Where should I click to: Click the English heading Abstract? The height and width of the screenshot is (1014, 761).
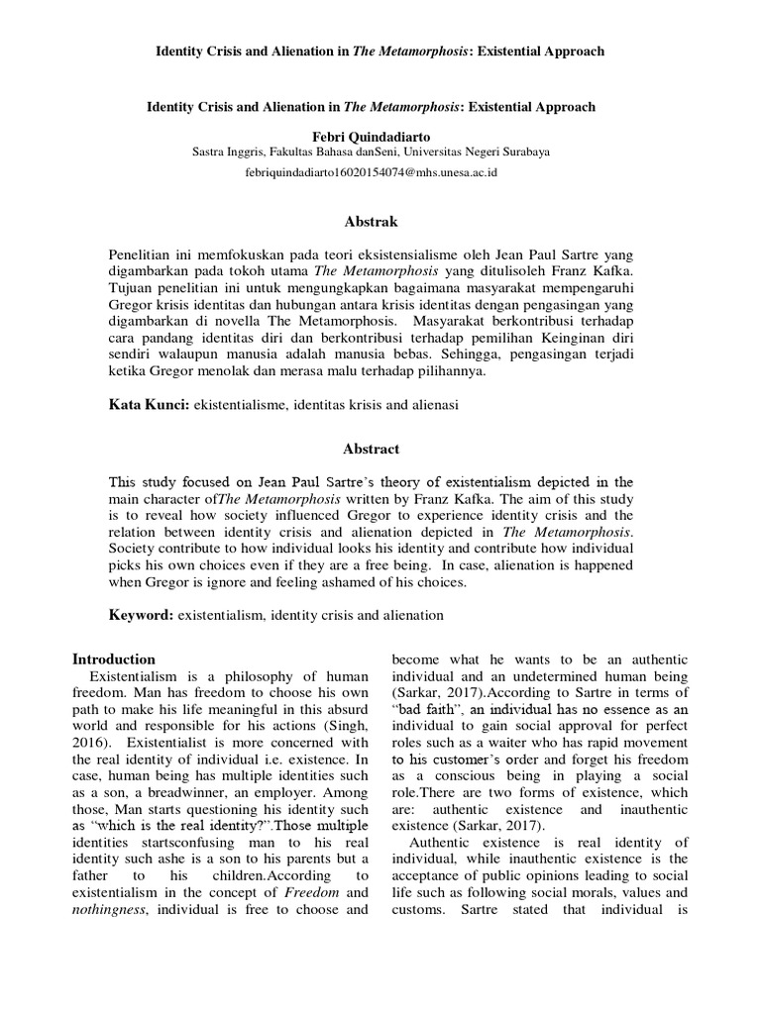372,449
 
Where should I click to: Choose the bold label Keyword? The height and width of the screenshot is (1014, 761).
141,615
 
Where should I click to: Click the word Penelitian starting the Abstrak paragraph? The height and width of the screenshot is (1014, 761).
144,254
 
